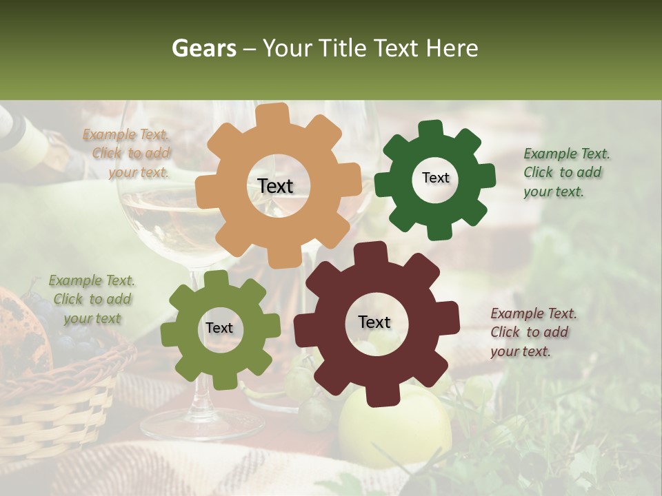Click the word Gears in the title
[x=203, y=48]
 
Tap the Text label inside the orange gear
[x=275, y=186]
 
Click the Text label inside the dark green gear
[x=435, y=178]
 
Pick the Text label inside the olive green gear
[x=219, y=328]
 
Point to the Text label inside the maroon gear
[x=374, y=322]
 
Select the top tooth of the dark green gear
[x=431, y=129]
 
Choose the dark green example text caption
[x=565, y=172]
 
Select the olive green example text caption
[x=92, y=299]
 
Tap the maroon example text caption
[x=532, y=332]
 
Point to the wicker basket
[x=55, y=406]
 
